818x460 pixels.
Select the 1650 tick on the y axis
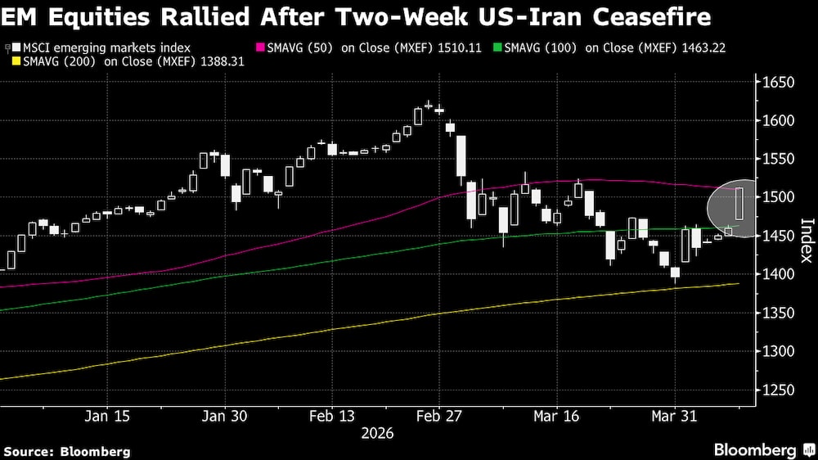(x=774, y=83)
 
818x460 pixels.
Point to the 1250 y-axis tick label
(x=774, y=390)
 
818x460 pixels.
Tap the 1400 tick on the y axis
(x=774, y=274)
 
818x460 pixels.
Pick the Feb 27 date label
(x=440, y=416)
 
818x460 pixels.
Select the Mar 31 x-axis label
(x=675, y=416)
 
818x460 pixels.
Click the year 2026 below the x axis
(x=377, y=432)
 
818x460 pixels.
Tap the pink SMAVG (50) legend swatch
(x=262, y=48)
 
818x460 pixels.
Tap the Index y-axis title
(x=805, y=240)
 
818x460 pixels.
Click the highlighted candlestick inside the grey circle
(x=739, y=204)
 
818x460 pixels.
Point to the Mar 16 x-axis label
(x=556, y=416)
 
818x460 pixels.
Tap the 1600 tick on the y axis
(x=774, y=121)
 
